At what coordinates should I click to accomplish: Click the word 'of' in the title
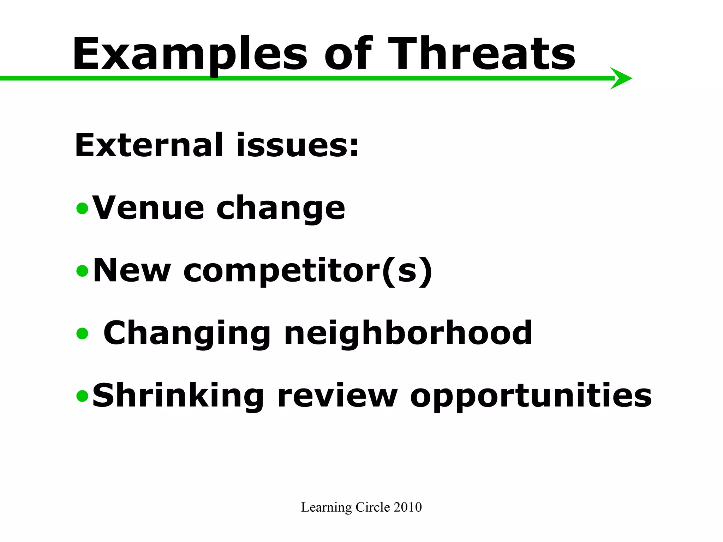(x=348, y=55)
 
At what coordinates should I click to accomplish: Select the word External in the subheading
(x=149, y=145)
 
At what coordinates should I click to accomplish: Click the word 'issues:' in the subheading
(x=298, y=145)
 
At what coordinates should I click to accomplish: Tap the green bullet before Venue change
(x=82, y=208)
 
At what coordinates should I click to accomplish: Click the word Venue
(x=148, y=208)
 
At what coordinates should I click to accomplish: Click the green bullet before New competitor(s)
(x=82, y=271)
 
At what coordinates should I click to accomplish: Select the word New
(x=132, y=271)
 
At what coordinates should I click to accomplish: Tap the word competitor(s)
(x=307, y=271)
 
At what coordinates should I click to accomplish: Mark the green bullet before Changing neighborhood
(x=82, y=333)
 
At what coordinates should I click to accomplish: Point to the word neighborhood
(x=408, y=333)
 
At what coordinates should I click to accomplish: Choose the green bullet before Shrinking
(x=82, y=396)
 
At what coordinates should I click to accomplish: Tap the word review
(x=337, y=396)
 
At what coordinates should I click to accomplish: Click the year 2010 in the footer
(x=408, y=507)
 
